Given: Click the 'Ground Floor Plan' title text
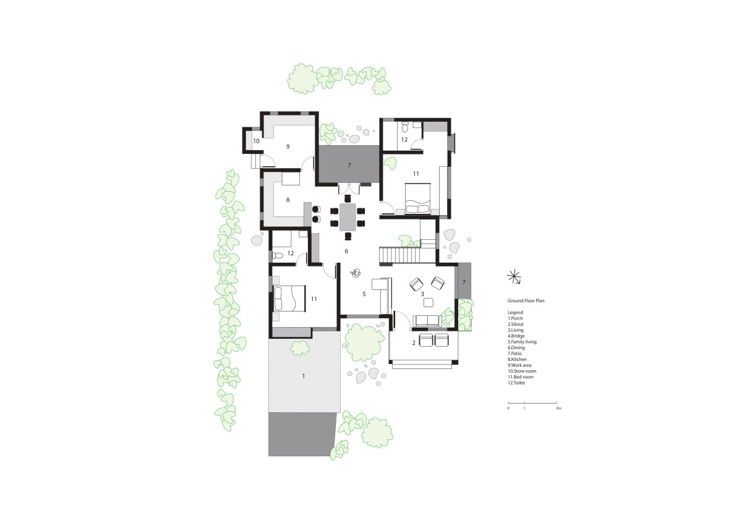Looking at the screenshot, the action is pos(526,301).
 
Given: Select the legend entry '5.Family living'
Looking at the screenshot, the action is pos(522,342).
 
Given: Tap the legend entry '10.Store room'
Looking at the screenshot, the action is pos(522,371).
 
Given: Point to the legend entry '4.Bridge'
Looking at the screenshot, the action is pos(516,336).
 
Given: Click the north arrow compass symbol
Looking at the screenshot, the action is pos(514,277).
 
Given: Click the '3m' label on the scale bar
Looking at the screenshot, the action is pos(558,409).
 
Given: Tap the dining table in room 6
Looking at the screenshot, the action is pos(348,217).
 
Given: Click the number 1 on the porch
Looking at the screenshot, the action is pos(304,376).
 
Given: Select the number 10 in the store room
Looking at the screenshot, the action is pos(256,141).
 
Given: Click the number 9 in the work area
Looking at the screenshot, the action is pos(288,146).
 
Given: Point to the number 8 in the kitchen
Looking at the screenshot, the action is pos(288,200).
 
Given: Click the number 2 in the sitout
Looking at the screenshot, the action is pos(414,343).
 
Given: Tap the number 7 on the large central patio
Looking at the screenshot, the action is pos(349,165).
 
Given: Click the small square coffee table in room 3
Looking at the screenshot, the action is pos(429,302).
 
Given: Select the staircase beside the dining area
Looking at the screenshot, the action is pos(400,255).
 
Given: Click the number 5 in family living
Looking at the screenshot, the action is pos(364,294).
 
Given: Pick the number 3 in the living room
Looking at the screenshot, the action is pos(422,294).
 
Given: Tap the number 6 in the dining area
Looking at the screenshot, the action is pos(346,251).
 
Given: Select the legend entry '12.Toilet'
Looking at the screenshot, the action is pos(516,383).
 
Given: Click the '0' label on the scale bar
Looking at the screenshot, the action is pos(508,409).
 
